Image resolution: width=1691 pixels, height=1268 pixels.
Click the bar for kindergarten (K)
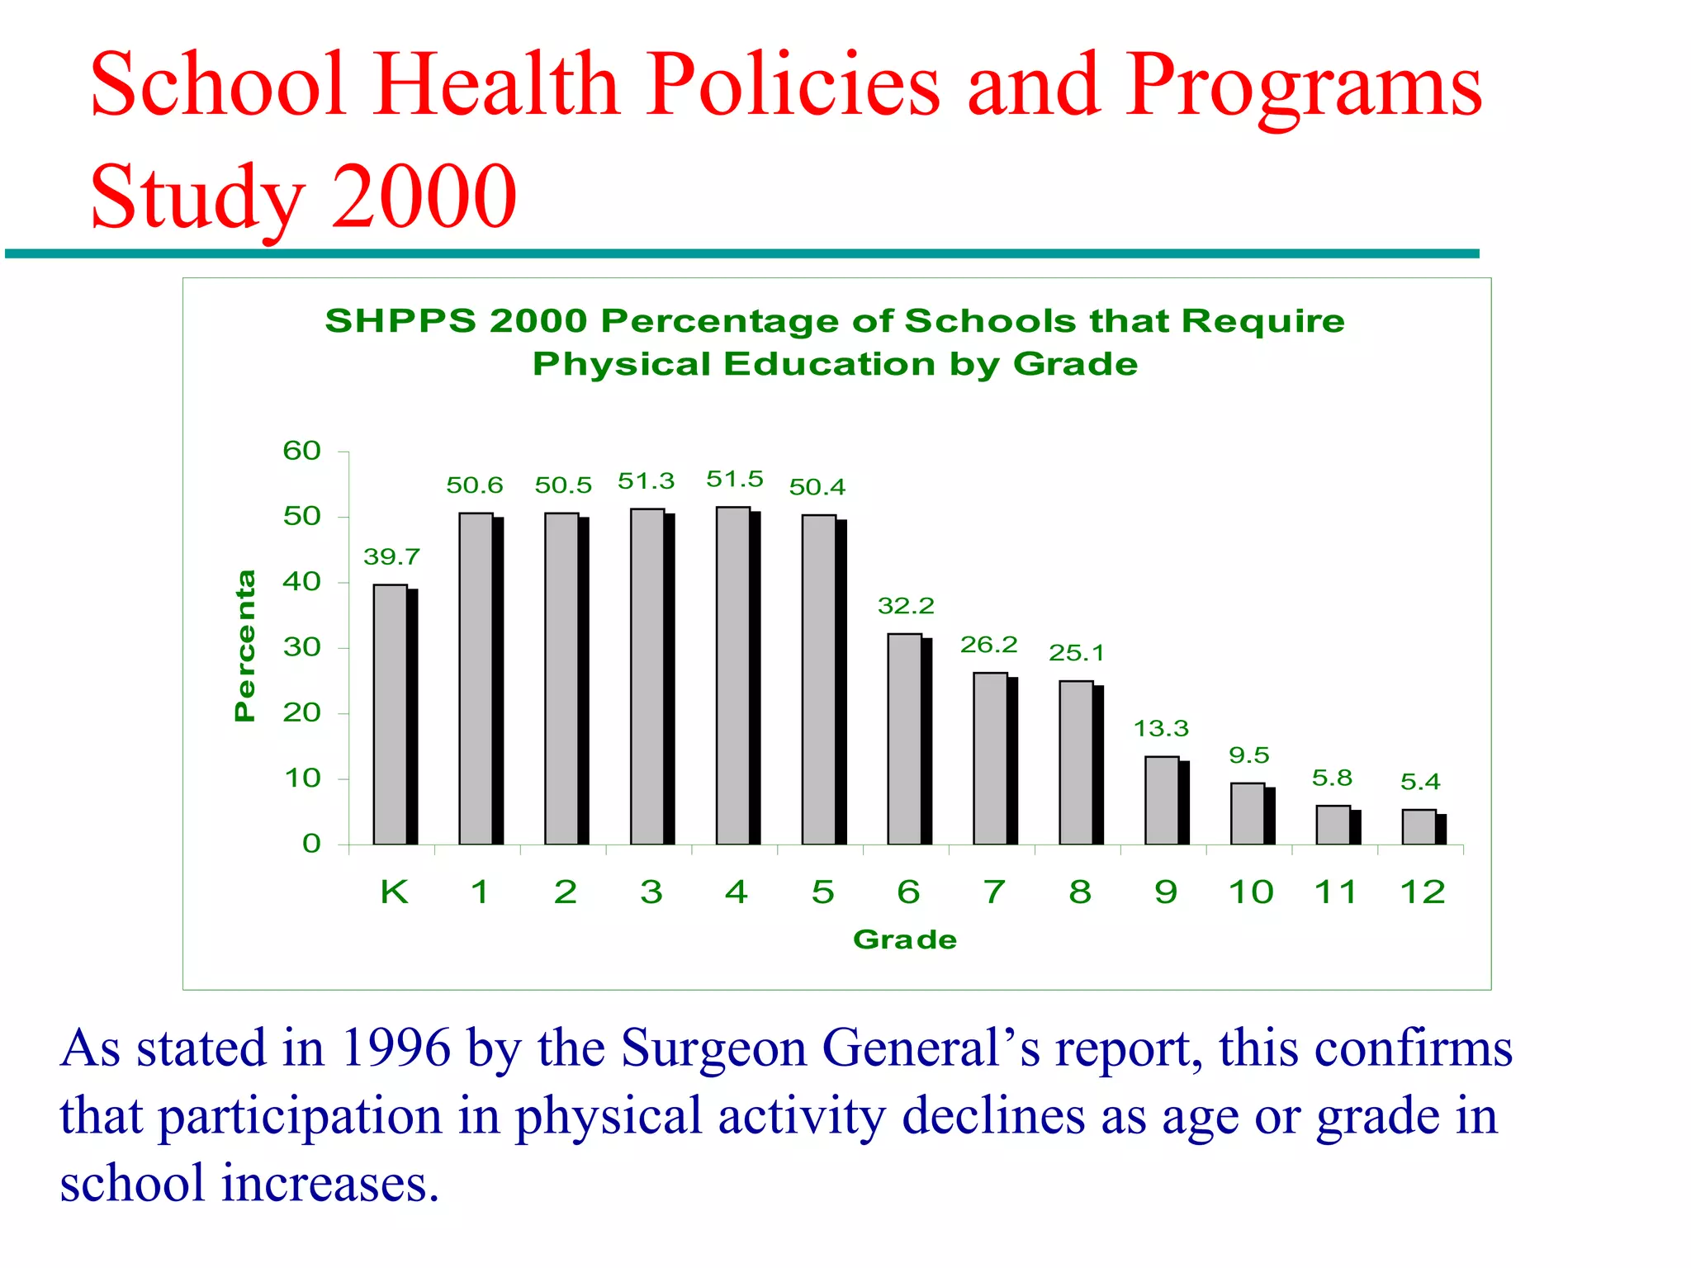(391, 715)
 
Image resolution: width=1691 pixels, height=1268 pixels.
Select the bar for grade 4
(733, 676)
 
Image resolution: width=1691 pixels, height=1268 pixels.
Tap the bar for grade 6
(905, 739)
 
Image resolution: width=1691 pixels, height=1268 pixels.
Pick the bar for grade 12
(1419, 827)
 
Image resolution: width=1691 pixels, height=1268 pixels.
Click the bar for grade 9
(1162, 801)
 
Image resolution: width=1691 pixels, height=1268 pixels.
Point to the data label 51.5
(735, 480)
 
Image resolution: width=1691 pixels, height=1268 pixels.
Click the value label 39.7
(391, 557)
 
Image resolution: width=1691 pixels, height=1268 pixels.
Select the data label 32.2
(906, 606)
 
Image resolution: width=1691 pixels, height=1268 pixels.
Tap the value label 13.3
(1161, 729)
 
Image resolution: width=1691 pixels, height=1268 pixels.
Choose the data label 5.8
(1332, 778)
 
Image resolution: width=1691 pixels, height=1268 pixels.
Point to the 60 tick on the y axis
(301, 451)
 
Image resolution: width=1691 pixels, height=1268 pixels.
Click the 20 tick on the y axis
(301, 712)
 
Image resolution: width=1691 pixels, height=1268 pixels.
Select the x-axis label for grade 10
(1251, 892)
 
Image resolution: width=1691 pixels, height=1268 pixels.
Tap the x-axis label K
(394, 892)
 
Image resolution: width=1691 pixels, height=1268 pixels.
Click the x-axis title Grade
(905, 939)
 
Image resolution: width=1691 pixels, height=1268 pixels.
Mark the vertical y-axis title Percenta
(245, 646)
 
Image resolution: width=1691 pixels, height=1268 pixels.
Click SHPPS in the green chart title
(400, 321)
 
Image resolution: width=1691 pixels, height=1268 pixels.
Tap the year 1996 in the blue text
(396, 1048)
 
